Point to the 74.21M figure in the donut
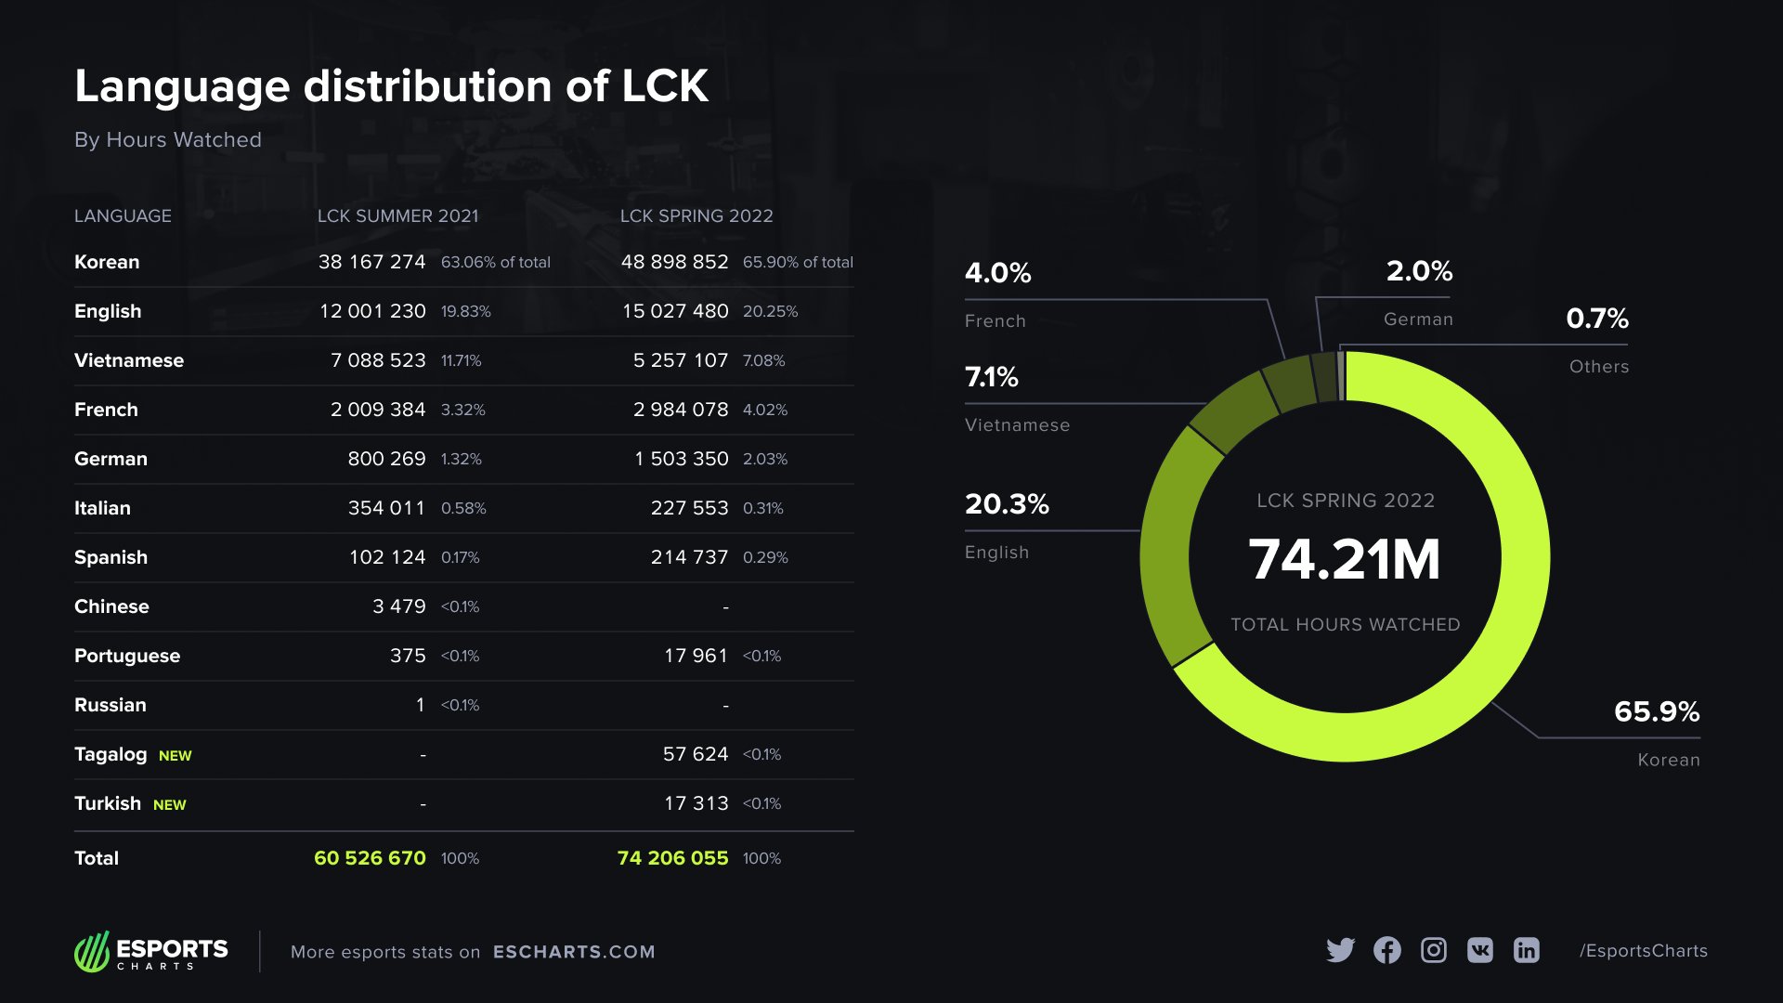click(x=1344, y=559)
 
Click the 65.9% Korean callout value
click(x=1656, y=711)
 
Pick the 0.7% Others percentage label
click(x=1596, y=319)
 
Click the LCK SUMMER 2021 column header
click(x=397, y=215)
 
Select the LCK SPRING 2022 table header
click(x=696, y=215)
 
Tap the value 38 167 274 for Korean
click(x=371, y=262)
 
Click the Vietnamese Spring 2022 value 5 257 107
click(x=680, y=360)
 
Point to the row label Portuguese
click(x=127, y=656)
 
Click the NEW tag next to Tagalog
click(x=175, y=756)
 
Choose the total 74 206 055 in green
click(x=672, y=858)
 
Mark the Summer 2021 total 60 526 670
click(x=370, y=858)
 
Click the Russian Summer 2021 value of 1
click(x=420, y=705)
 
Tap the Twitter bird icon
click(x=1340, y=950)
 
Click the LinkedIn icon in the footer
click(x=1526, y=950)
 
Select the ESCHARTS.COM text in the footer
click(x=574, y=952)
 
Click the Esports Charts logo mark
click(x=92, y=952)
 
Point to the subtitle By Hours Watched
click(x=168, y=139)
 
